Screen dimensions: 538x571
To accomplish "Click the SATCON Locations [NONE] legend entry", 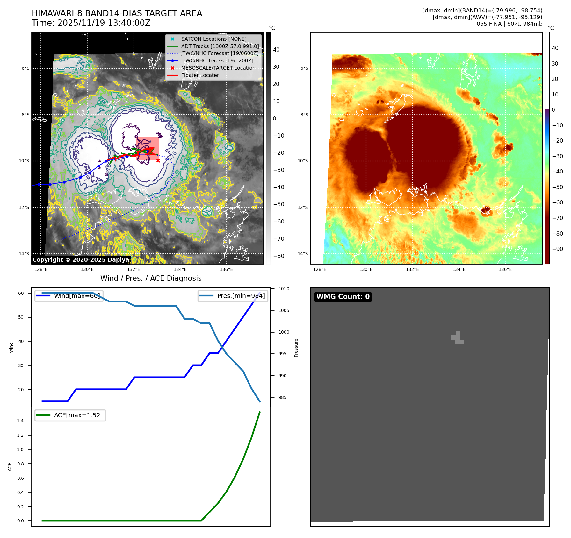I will tap(213, 39).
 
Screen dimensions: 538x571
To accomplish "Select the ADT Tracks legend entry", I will tap(220, 46).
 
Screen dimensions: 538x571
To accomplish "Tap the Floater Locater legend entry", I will tap(200, 75).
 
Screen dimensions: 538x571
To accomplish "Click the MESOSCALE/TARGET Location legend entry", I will tap(218, 68).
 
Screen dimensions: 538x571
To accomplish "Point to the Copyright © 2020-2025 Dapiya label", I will tap(81, 260).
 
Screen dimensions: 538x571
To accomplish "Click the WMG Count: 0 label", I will tap(343, 297).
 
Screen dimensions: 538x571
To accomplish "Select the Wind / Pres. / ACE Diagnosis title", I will tap(151, 279).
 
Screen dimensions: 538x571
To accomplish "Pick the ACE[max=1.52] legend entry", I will tap(78, 415).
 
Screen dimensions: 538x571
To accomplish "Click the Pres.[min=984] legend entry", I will tap(241, 296).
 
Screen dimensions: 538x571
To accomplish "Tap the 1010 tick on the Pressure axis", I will tap(284, 289).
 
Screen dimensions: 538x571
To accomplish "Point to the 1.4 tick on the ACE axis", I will tap(20, 421).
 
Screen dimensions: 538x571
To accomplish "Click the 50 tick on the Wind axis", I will tap(21, 317).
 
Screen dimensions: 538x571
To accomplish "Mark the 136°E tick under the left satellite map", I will tap(226, 270).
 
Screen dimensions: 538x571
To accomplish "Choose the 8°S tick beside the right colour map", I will tap(304, 115).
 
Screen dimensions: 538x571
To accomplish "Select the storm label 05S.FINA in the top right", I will tap(488, 24).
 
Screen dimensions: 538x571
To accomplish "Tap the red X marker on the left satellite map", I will tap(158, 160).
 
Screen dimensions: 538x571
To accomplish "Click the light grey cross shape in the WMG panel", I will tap(458, 338).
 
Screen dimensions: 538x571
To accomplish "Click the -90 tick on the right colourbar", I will tap(557, 249).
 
